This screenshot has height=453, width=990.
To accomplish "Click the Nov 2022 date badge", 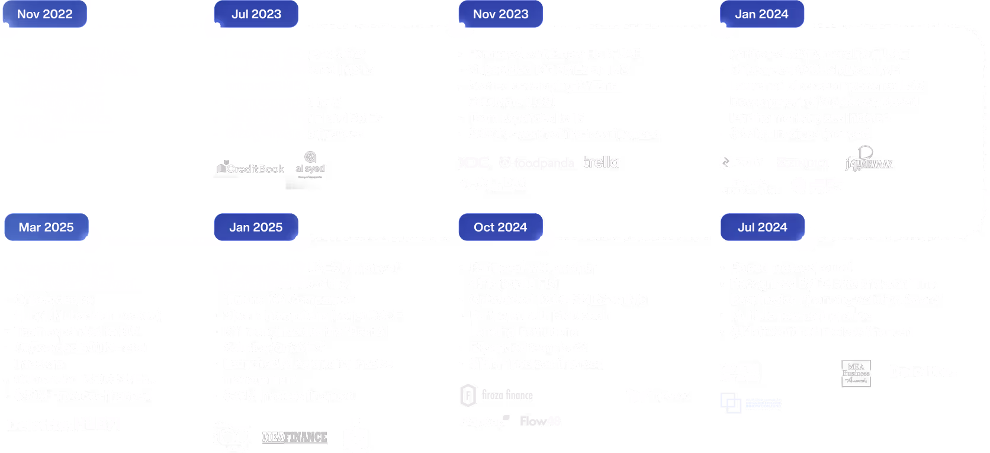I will click(x=45, y=14).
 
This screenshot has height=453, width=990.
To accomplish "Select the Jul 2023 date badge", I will click(x=256, y=14).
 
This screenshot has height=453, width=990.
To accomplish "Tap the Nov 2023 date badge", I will click(x=501, y=14).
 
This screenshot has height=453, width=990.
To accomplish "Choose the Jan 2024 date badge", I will click(x=762, y=14).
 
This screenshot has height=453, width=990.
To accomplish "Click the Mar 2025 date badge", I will click(x=46, y=227).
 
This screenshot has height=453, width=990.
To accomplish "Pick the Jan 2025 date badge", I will click(x=256, y=227).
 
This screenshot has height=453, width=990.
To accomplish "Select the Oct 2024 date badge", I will click(x=500, y=227).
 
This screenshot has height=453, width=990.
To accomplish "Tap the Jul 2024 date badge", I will click(x=763, y=227).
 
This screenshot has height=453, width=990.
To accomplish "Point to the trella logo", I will click(x=601, y=162).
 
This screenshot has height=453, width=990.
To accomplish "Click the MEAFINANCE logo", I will click(x=295, y=437).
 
